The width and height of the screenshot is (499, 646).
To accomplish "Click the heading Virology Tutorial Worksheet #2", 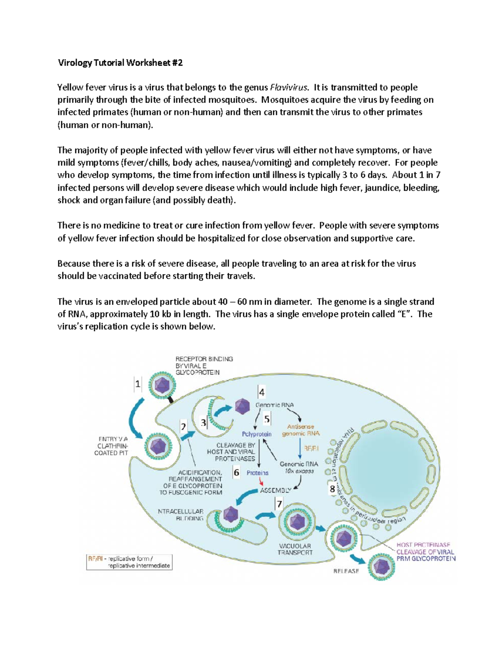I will [120, 63].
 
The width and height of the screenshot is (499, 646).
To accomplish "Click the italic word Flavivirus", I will [289, 87].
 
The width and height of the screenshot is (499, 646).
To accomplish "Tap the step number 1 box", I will [138, 384].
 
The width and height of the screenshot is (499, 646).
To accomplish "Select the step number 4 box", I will [262, 392].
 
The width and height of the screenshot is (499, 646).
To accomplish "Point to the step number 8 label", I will [332, 489].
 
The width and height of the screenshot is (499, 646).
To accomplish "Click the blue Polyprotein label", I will [257, 434].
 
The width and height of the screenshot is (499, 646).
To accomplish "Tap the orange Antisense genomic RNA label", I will [301, 430].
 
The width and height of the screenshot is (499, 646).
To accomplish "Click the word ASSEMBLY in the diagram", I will [275, 490].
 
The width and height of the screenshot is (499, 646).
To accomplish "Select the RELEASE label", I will [346, 571].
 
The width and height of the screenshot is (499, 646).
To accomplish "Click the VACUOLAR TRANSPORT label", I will [295, 549].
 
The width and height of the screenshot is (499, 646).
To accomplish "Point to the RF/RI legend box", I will [129, 562].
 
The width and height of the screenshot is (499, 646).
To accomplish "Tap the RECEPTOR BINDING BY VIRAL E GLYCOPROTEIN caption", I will [204, 366].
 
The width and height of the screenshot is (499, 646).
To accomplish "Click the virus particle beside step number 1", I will [161, 385].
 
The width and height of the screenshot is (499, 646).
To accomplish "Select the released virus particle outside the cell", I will [381, 566].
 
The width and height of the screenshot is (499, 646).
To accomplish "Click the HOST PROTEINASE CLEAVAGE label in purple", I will [425, 552].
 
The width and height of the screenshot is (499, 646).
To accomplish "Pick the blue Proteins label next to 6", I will [257, 473].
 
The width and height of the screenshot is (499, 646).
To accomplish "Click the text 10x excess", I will [299, 471].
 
